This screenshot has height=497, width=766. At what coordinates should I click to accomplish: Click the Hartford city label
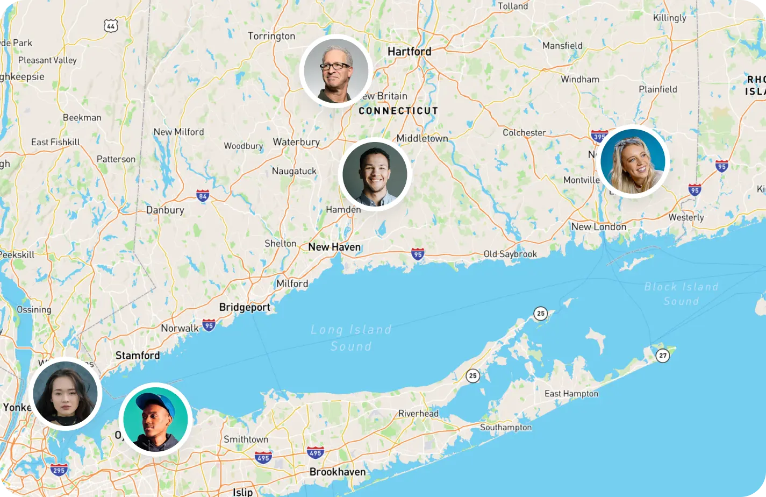pyautogui.click(x=409, y=52)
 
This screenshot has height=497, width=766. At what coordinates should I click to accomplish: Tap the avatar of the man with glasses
pyautogui.click(x=336, y=71)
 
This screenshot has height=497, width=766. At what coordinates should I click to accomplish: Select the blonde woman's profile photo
pyautogui.click(x=633, y=161)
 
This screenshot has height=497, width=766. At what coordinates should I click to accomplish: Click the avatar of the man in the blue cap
pyautogui.click(x=155, y=420)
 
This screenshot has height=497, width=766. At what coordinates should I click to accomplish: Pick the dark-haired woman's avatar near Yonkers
pyautogui.click(x=65, y=394)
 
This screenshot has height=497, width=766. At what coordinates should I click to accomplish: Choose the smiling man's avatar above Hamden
pyautogui.click(x=375, y=174)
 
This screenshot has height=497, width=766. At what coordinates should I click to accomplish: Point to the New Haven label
pyautogui.click(x=334, y=247)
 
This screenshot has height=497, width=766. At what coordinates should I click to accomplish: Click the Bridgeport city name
pyautogui.click(x=245, y=308)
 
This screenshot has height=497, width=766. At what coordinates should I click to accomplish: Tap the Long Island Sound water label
pyautogui.click(x=351, y=337)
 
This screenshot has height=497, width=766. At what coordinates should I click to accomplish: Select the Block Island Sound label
pyautogui.click(x=681, y=294)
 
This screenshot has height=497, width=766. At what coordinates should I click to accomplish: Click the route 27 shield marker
pyautogui.click(x=663, y=356)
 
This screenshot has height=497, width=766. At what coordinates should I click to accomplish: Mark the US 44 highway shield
pyautogui.click(x=111, y=25)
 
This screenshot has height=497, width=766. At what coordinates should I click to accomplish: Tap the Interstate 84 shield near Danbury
pyautogui.click(x=203, y=196)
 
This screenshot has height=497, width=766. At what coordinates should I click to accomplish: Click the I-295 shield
pyautogui.click(x=59, y=470)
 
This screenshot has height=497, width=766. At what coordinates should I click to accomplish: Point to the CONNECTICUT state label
pyautogui.click(x=398, y=111)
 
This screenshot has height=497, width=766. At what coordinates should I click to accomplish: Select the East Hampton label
pyautogui.click(x=571, y=394)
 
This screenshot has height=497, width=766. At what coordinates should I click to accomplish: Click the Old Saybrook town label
pyautogui.click(x=510, y=254)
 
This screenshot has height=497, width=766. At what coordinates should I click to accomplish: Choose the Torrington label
pyautogui.click(x=271, y=36)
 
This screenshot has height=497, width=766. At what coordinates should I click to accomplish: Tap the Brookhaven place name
pyautogui.click(x=337, y=472)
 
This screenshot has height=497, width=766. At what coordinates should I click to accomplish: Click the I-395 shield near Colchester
pyautogui.click(x=599, y=136)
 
